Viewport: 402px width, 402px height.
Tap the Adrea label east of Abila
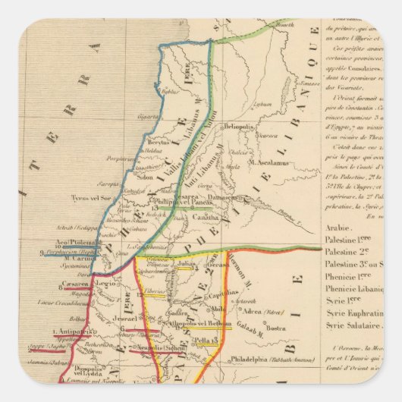click(x=255, y=311)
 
